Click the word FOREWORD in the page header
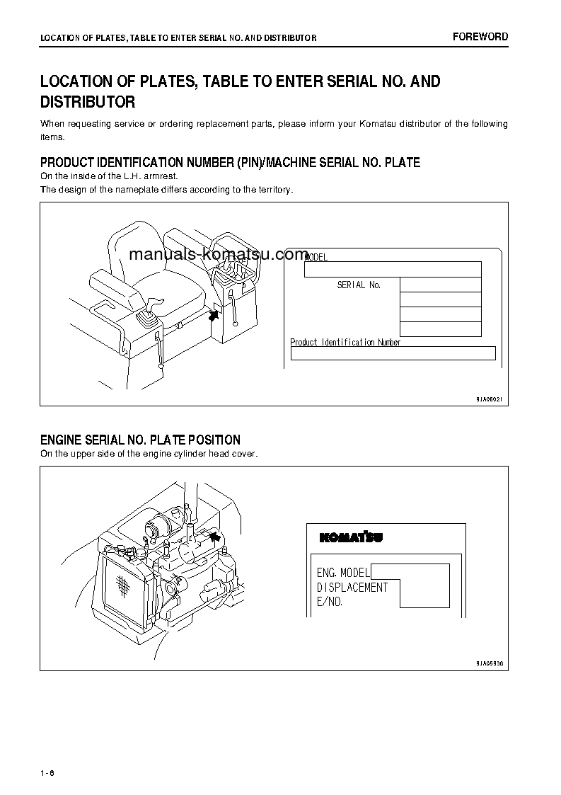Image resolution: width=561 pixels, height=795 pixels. click(480, 37)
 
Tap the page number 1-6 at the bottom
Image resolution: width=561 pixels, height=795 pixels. click(47, 772)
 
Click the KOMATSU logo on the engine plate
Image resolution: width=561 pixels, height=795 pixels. click(351, 537)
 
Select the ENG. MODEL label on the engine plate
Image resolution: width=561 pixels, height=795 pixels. click(342, 572)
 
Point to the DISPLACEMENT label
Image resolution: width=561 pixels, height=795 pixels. click(352, 587)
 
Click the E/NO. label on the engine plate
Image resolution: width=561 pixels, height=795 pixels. click(330, 601)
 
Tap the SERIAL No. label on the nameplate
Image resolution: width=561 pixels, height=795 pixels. click(359, 285)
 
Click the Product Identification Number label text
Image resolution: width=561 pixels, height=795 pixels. click(345, 342)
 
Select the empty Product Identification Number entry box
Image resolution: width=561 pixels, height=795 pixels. click(393, 353)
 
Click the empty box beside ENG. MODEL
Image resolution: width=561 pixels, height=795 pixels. click(410, 571)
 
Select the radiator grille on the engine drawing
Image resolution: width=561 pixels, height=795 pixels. click(122, 584)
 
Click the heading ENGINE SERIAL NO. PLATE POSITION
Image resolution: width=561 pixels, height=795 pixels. click(140, 440)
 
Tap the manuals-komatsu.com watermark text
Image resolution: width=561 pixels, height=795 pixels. click(219, 255)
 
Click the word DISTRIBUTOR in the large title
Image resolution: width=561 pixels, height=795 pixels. click(88, 102)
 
